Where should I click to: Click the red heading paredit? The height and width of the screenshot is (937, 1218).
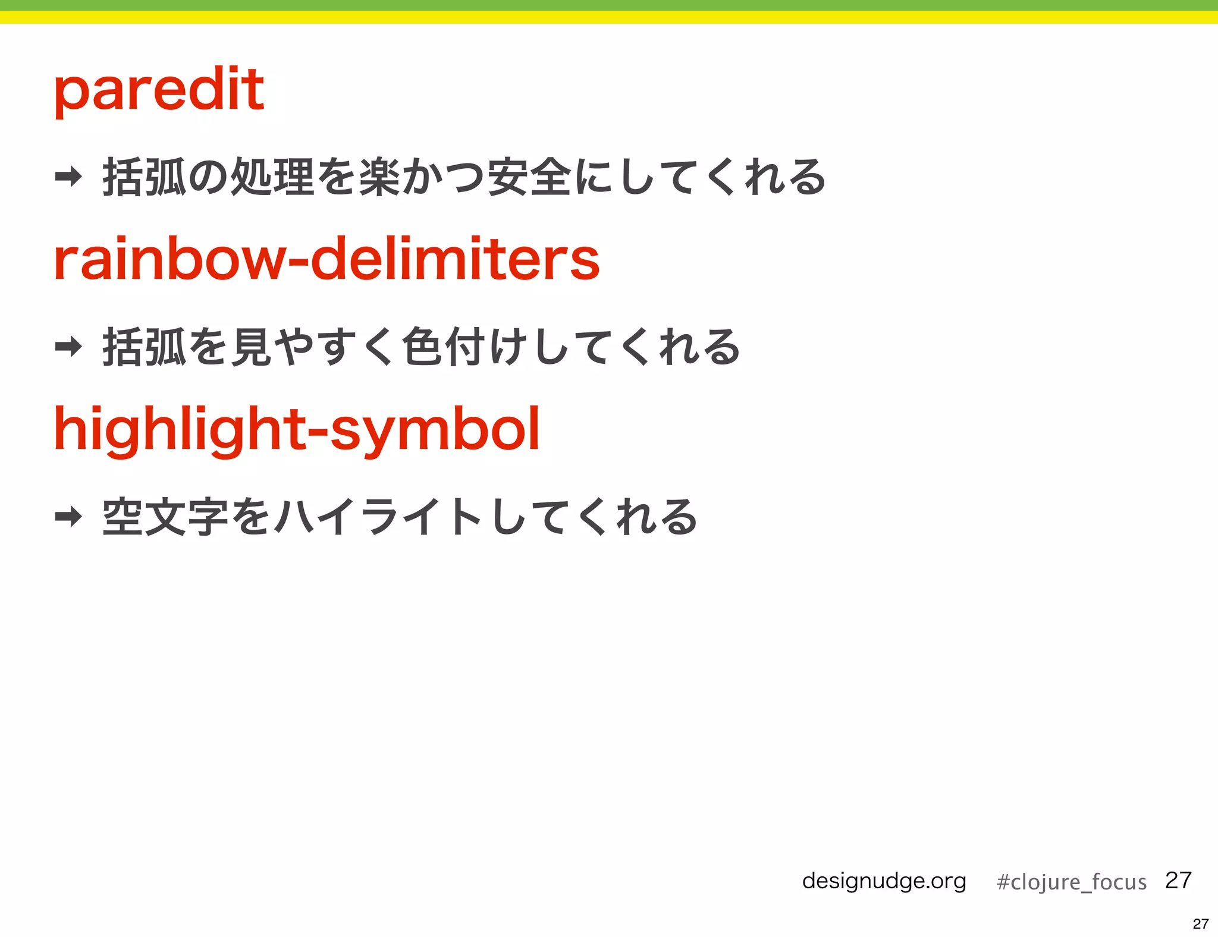(159, 90)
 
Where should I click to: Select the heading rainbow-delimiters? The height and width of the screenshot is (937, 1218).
(327, 259)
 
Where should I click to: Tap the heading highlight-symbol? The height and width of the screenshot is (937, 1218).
(297, 429)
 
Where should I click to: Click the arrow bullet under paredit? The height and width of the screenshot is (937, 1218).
(68, 177)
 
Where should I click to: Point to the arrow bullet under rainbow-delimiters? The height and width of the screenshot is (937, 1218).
(68, 346)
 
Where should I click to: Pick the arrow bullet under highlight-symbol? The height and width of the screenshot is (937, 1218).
(68, 516)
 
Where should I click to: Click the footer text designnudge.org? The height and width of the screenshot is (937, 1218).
(884, 881)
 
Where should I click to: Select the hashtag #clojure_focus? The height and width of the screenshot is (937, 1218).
(1071, 882)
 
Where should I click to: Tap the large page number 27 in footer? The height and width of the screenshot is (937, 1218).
(1178, 880)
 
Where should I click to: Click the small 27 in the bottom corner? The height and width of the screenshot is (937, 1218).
(1200, 923)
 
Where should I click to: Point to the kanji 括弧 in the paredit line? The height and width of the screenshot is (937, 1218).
(145, 177)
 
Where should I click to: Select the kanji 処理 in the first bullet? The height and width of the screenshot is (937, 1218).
(272, 177)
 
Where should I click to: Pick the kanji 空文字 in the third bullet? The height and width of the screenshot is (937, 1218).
(165, 517)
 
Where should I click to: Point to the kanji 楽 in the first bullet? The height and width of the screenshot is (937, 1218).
(379, 177)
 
